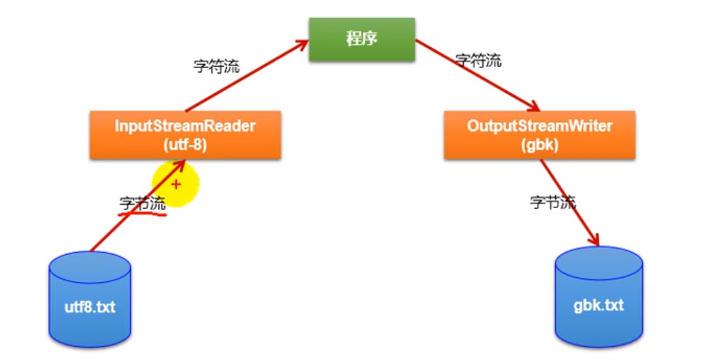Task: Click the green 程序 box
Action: pos(361,39)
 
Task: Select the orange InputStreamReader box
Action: pos(185,135)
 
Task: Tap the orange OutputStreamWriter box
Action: pos(539,135)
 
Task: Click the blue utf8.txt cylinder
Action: pos(91,300)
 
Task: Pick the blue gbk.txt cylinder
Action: pos(598,299)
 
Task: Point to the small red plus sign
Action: pos(176,185)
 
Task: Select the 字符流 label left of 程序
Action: pos(216,67)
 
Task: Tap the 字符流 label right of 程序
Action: pos(478,61)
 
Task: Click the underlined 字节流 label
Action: pos(143,203)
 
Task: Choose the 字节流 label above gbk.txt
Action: pos(553,203)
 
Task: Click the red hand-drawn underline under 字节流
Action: pos(143,213)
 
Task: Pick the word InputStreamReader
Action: pos(185,127)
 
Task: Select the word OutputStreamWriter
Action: pos(539,127)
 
